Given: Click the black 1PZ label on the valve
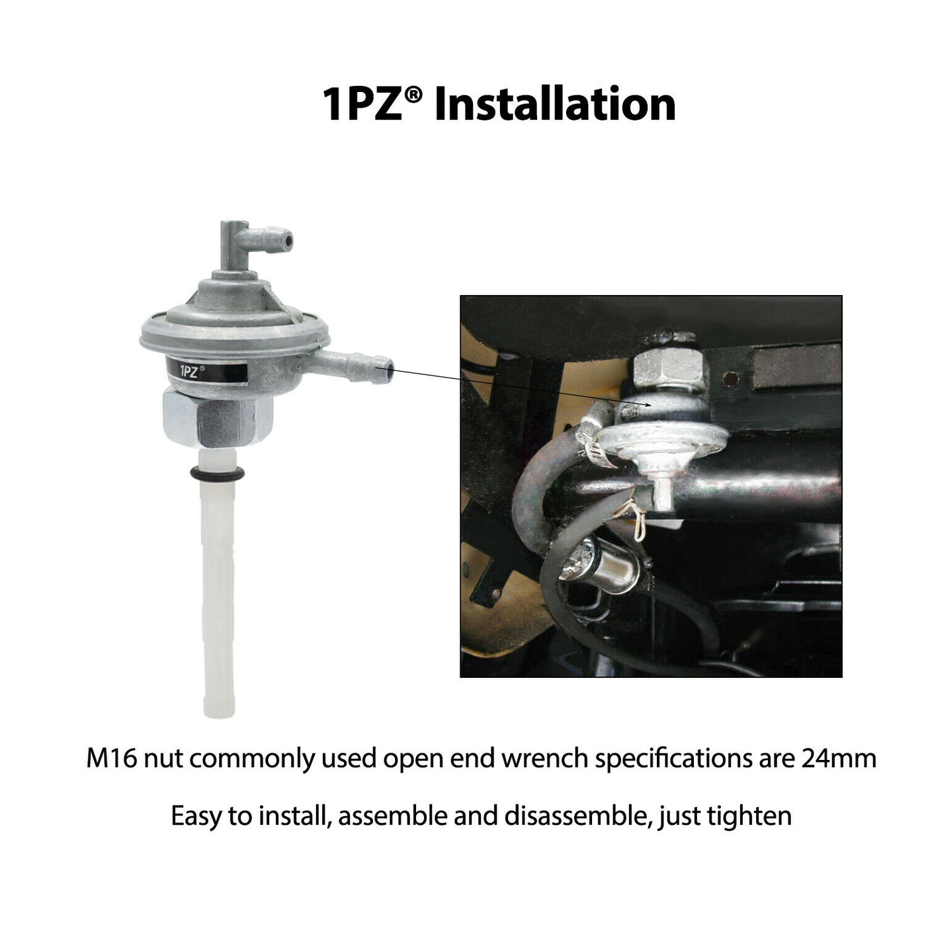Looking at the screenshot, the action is tap(206, 370).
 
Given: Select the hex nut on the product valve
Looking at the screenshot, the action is tap(218, 418).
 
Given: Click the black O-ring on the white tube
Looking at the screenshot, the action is tap(216, 474).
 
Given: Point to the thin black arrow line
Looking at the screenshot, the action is tap(513, 388).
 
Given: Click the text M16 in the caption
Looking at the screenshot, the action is tap(112, 759).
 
